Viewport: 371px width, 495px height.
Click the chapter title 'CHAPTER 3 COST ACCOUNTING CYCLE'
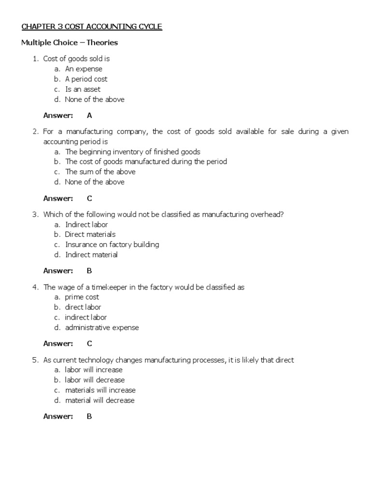pos(92,27)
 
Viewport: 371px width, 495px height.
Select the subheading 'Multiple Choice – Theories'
pos(70,43)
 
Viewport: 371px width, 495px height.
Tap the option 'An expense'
pos(84,69)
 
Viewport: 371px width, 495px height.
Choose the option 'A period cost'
pos(86,79)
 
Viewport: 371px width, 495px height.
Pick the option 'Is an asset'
pos(83,89)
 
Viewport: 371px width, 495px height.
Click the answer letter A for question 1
pos(89,116)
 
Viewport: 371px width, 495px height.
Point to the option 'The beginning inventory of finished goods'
pos(132,152)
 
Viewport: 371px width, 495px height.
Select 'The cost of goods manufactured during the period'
pos(146,161)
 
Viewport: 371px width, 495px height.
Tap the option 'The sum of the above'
pos(100,172)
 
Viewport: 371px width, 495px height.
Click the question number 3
pos(35,214)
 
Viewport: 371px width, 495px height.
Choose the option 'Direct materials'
pos(90,234)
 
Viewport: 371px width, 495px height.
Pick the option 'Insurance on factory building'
pos(112,245)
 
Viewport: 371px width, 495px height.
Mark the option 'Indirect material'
pos(91,255)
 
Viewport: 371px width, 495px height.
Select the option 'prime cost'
pos(82,297)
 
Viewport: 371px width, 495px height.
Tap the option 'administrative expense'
pos(102,327)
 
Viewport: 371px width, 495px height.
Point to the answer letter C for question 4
pos(89,344)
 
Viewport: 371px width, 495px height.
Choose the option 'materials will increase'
pos(100,390)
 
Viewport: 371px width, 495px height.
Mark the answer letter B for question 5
pos(89,416)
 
